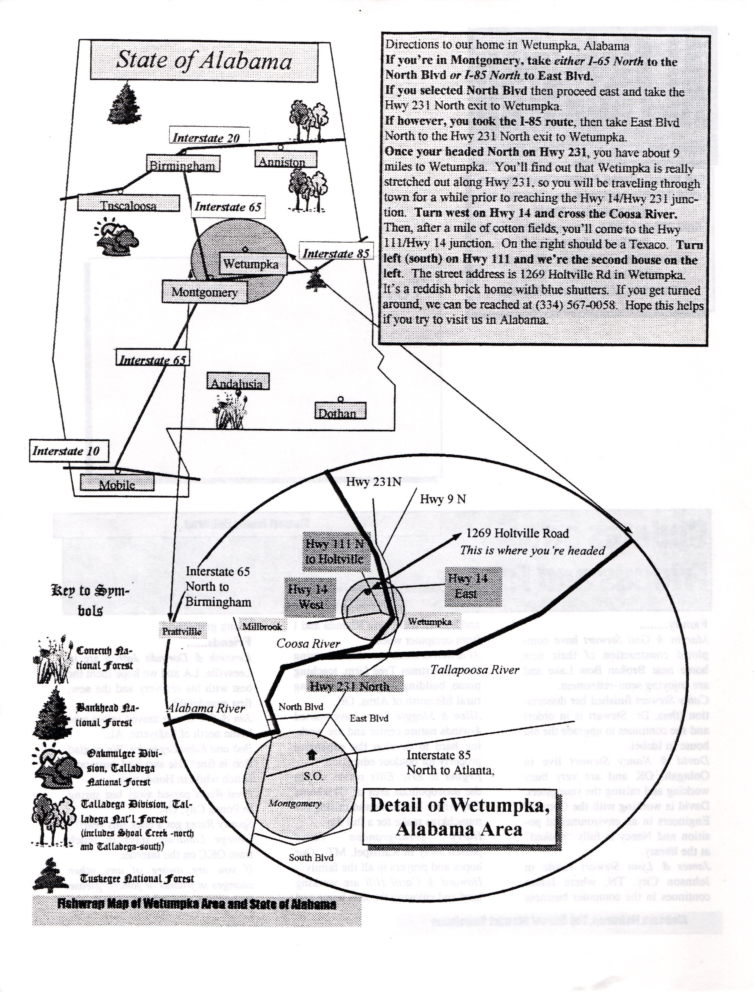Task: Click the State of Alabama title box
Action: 204,60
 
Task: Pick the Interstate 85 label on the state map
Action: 336,253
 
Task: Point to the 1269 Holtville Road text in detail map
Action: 518,533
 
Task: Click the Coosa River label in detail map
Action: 308,643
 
